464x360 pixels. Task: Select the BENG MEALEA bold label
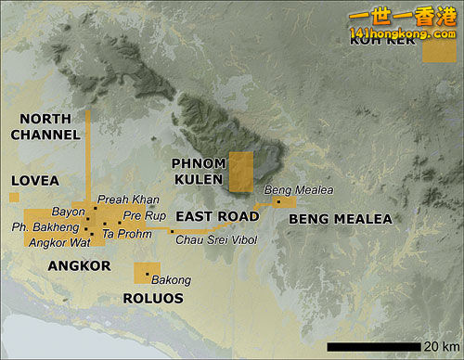point(341,220)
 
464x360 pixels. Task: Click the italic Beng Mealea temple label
point(298,190)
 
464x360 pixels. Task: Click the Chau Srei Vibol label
point(214,239)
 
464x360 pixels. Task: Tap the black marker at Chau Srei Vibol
point(172,231)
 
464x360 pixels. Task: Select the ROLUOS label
point(153,299)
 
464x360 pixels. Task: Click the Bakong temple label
point(171,280)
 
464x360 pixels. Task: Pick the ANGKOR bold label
point(79,266)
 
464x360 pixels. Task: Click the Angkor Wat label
point(59,243)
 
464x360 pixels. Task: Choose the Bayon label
point(69,212)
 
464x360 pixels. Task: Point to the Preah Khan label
point(128,199)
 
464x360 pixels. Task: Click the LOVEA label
point(34,180)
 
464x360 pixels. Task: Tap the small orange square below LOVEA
point(14,197)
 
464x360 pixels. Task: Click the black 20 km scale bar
point(374,346)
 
